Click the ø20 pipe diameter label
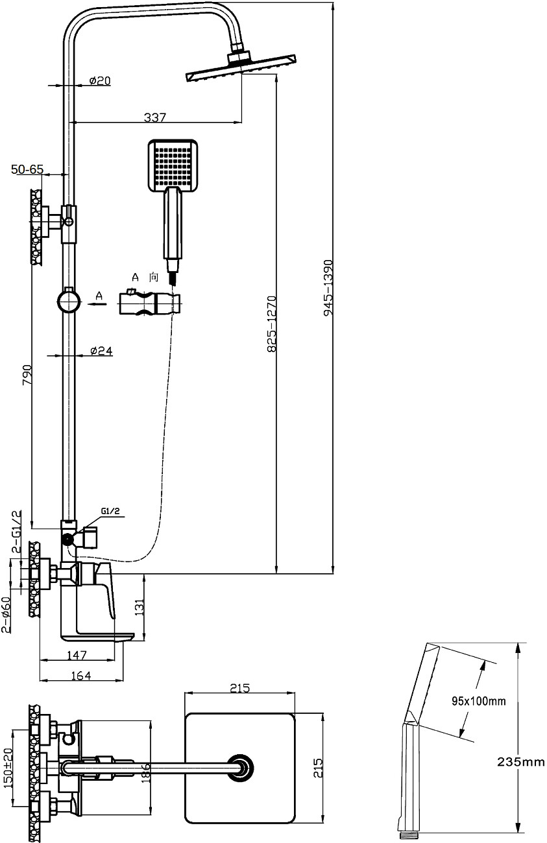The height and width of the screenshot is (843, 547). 100,81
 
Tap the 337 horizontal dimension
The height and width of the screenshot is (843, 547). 155,117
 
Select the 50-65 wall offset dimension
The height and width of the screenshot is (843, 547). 27,169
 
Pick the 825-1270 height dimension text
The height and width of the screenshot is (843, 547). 272,324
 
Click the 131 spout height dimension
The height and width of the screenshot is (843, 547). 138,607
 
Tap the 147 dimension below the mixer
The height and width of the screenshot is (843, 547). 77,655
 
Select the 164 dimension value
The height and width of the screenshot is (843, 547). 80,675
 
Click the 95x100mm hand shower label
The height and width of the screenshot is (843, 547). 478,701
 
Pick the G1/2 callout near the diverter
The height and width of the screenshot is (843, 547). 110,512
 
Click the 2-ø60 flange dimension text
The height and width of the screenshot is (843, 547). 6,614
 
